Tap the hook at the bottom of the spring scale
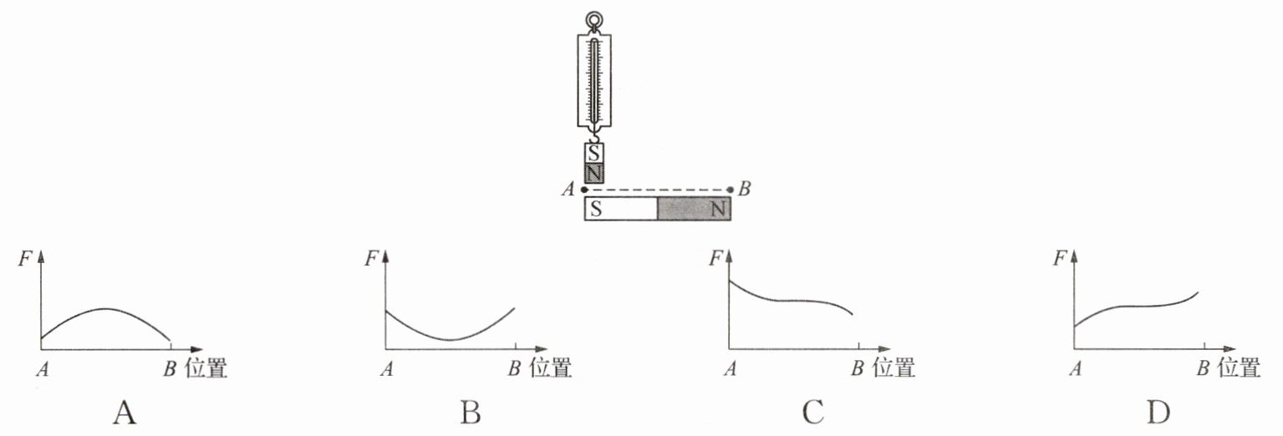pos(594,136)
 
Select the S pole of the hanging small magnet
pos(594,153)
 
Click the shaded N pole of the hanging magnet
pos(594,173)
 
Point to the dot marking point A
pos(584,190)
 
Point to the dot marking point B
pos(730,190)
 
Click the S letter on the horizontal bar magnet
pos(596,209)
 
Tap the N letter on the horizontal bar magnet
pos(718,209)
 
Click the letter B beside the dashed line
pos(744,188)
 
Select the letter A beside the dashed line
pos(568,189)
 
